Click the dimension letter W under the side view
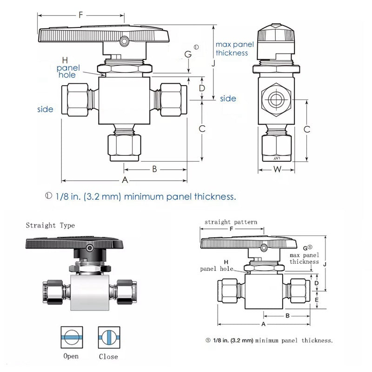[277, 169]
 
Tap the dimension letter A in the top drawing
[125, 180]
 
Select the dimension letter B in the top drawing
[155, 169]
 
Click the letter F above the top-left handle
[81, 15]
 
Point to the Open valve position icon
[71, 337]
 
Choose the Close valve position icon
[108, 337]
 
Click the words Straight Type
[50, 226]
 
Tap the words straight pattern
[231, 222]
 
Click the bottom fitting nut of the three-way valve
[124, 146]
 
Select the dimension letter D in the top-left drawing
[202, 87]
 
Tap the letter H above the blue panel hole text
[65, 60]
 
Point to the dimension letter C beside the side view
[307, 130]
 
